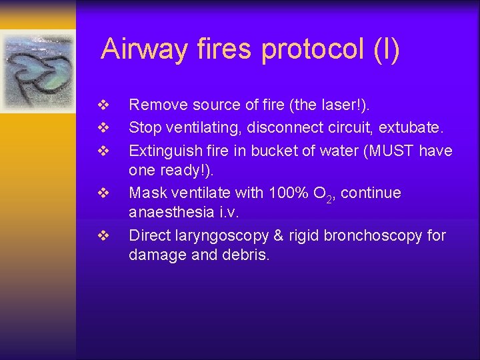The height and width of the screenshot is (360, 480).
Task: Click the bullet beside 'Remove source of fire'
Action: (x=103, y=105)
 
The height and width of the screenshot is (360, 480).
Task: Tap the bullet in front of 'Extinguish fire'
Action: (x=103, y=150)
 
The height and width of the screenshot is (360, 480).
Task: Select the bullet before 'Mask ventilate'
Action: (x=103, y=193)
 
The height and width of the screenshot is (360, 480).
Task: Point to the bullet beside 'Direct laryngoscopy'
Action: (x=103, y=236)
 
